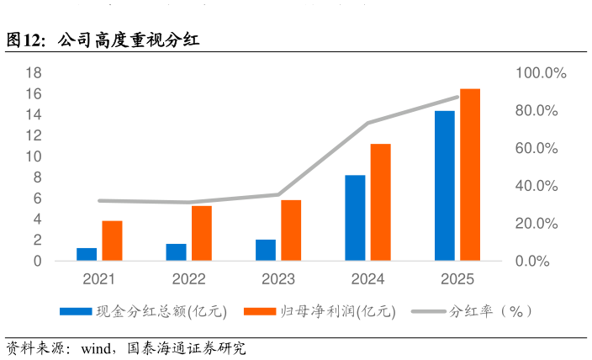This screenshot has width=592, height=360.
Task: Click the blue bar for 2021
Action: [87, 254]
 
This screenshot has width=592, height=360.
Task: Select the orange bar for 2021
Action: [112, 241]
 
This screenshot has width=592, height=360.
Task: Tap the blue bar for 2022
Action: [176, 252]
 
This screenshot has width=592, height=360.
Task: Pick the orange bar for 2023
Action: [291, 230]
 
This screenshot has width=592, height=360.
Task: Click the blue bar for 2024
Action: [355, 218]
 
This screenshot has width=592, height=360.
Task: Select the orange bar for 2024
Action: [381, 202]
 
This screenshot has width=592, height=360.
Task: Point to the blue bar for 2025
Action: [445, 186]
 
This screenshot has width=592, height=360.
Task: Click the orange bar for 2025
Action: [470, 175]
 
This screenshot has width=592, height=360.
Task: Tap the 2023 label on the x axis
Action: [278, 279]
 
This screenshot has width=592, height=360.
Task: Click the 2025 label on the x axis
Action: [457, 279]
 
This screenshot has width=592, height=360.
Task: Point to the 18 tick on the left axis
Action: [34, 72]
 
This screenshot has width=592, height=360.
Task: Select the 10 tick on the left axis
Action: [34, 156]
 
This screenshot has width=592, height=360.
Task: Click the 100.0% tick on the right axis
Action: [541, 73]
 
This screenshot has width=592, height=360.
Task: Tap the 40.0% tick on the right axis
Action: [536, 186]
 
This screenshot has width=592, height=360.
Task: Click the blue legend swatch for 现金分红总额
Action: [76, 312]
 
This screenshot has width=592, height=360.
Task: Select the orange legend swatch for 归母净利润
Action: [260, 312]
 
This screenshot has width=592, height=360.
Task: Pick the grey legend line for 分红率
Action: [429, 312]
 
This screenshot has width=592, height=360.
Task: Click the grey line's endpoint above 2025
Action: [457, 97]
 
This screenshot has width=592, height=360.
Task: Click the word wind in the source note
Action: [96, 348]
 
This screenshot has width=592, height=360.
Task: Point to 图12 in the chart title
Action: [24, 40]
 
